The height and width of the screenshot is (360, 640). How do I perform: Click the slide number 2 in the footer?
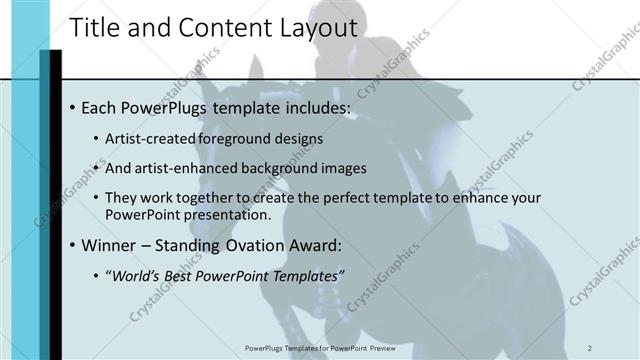(x=591, y=347)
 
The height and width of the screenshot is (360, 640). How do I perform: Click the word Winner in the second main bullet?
(x=110, y=245)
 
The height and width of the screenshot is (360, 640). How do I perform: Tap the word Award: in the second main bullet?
(x=314, y=245)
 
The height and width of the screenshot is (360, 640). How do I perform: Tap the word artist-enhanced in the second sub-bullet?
(x=181, y=168)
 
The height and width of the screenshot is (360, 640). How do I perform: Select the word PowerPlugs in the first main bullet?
(x=163, y=107)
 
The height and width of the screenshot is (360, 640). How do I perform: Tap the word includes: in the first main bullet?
(x=314, y=107)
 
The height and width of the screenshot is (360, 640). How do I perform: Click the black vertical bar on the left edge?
(x=56, y=200)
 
